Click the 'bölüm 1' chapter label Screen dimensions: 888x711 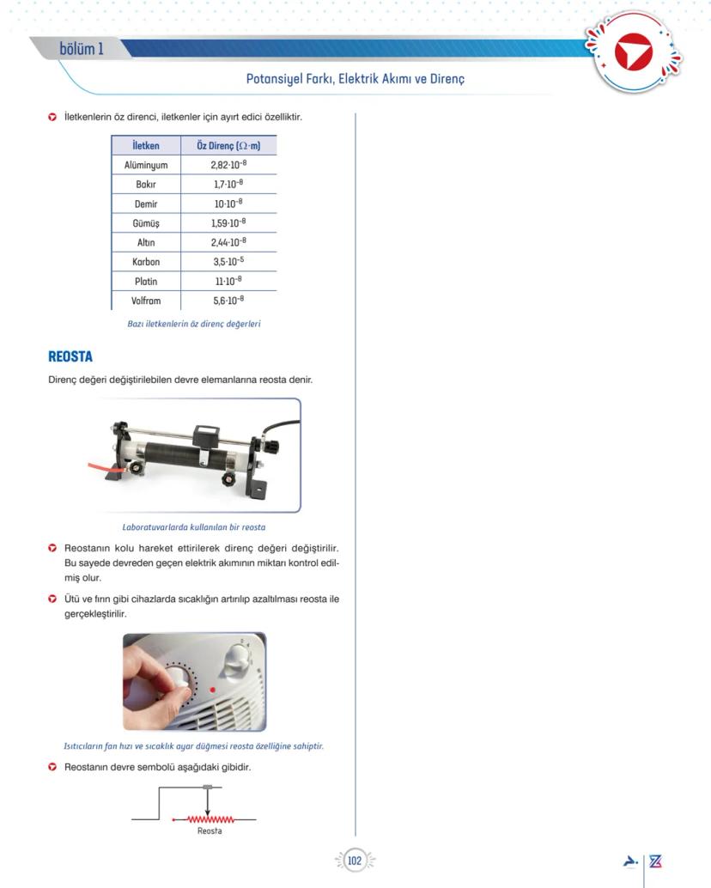[82, 49]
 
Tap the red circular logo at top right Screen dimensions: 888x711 [634, 53]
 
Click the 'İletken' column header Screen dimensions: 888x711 [146, 146]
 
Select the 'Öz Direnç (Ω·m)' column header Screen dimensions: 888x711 [228, 146]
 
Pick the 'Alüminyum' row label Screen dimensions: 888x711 [146, 165]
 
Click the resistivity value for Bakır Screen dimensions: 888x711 [228, 185]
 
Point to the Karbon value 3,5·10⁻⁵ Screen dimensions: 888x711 [228, 262]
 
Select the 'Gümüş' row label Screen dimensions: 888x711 [146, 223]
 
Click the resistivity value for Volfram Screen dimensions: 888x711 [228, 301]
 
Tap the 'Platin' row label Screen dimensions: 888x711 [146, 282]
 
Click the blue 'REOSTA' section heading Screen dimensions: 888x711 [70, 357]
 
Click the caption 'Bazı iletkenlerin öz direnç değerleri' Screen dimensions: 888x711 [193, 325]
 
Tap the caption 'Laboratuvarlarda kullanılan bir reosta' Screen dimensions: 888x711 [193, 527]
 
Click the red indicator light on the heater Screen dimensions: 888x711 [212, 690]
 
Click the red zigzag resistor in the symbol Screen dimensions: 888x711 [210, 820]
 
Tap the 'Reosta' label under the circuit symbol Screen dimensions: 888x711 [210, 831]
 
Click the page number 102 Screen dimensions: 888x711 [355, 861]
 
